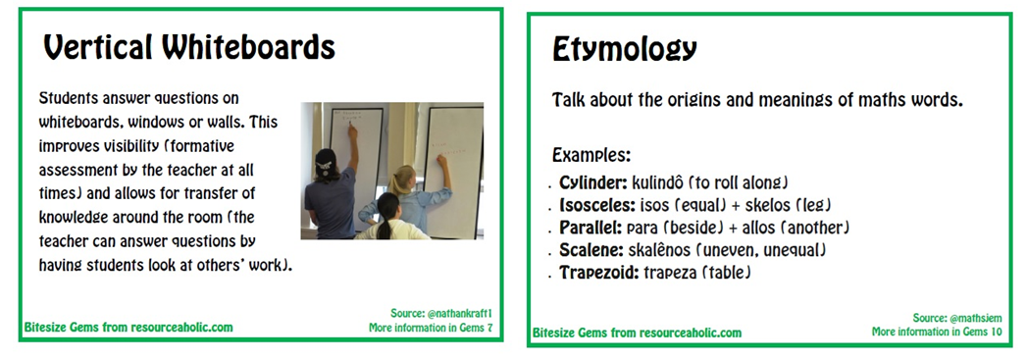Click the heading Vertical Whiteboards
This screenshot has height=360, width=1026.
[189, 48]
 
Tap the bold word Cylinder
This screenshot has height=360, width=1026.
[593, 182]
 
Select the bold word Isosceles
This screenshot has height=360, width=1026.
[597, 205]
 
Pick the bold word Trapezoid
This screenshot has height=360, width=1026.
[598, 273]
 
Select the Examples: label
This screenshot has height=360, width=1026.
[591, 156]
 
